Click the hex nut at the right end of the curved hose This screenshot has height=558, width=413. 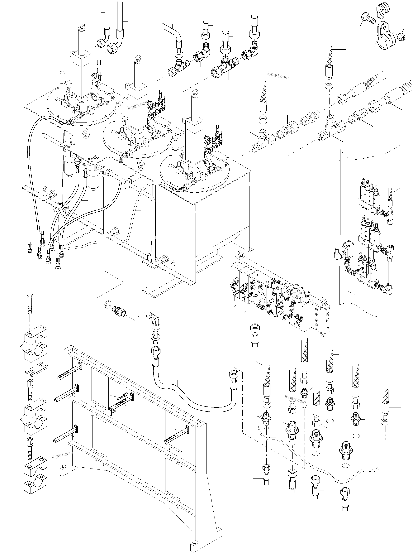pos(233,376)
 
